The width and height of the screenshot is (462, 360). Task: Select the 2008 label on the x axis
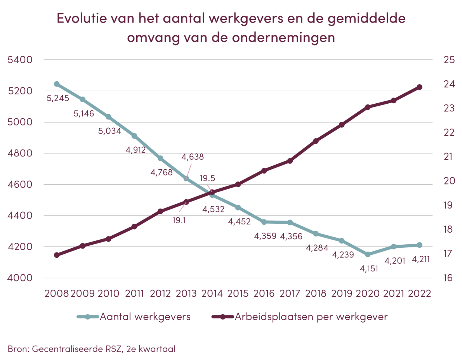tap(57, 293)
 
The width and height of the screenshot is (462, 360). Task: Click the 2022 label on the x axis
tap(420, 293)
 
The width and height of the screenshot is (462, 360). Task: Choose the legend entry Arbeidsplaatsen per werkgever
tap(311, 317)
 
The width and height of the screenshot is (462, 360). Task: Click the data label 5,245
tap(58, 98)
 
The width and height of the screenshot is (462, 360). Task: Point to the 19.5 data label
tap(207, 178)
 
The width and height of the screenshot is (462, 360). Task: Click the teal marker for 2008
tap(57, 84)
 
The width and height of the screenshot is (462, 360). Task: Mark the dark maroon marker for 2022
tap(420, 87)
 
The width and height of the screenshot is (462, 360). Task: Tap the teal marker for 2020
tap(368, 254)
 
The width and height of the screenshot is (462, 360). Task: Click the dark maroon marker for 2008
tap(57, 255)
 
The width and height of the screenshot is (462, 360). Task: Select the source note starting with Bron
tap(91, 349)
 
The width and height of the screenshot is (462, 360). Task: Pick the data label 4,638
tap(193, 157)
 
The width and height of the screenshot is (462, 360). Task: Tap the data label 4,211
tap(420, 259)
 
